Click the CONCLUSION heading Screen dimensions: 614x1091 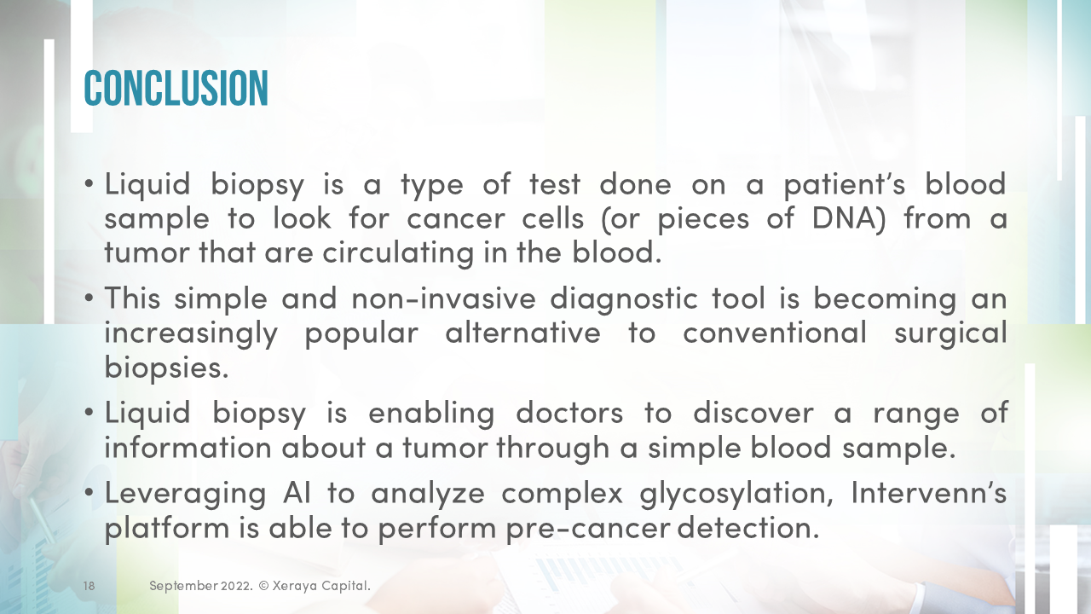tap(176, 88)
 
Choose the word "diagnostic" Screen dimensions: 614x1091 tap(622, 298)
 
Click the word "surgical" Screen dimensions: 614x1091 tap(950, 333)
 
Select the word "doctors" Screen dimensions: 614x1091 tap(569, 413)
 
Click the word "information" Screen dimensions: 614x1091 tap(188, 448)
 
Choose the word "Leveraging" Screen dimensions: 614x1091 tap(183, 494)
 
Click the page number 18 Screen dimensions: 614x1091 tap(89, 586)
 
